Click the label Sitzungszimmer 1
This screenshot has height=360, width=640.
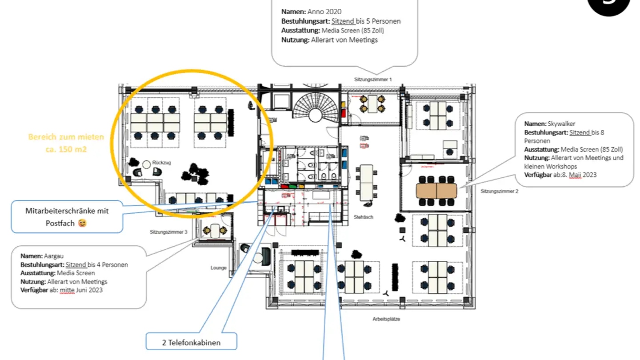point(373,80)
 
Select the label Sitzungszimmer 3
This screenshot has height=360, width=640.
point(168,232)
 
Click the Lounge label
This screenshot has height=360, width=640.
point(218,268)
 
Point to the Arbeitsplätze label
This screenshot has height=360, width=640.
point(386,319)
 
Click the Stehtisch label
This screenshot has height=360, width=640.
point(363,217)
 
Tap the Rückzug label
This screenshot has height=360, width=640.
point(161,163)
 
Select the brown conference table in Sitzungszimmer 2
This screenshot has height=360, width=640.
point(436,191)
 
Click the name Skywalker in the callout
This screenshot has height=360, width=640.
point(562,124)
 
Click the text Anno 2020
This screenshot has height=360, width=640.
point(324,12)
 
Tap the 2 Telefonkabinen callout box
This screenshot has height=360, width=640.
point(191,342)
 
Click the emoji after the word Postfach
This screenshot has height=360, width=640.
point(82,223)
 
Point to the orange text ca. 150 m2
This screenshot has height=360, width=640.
point(66,149)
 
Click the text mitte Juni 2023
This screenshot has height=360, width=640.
point(84,290)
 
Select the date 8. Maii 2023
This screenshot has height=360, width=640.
point(577,175)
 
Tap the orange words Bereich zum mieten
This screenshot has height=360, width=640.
point(66,137)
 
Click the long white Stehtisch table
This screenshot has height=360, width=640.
point(367,182)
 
